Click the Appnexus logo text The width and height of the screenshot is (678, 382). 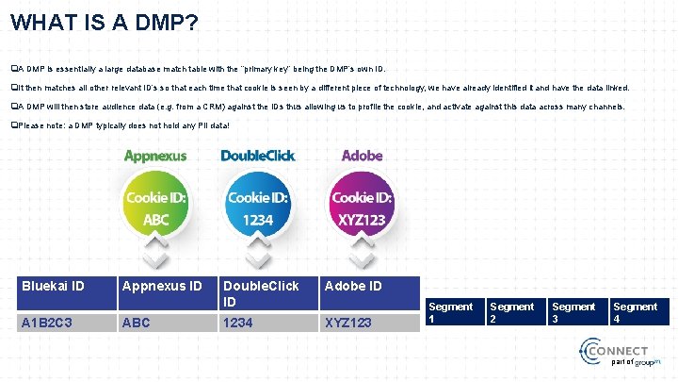click(155, 156)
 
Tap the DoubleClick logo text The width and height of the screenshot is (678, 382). click(257, 156)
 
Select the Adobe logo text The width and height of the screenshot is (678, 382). click(362, 156)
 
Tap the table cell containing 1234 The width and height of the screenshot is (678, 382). click(267, 323)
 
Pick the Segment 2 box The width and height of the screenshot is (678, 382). click(517, 312)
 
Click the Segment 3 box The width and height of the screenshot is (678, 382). click(578, 312)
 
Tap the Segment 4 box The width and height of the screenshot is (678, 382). click(639, 312)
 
